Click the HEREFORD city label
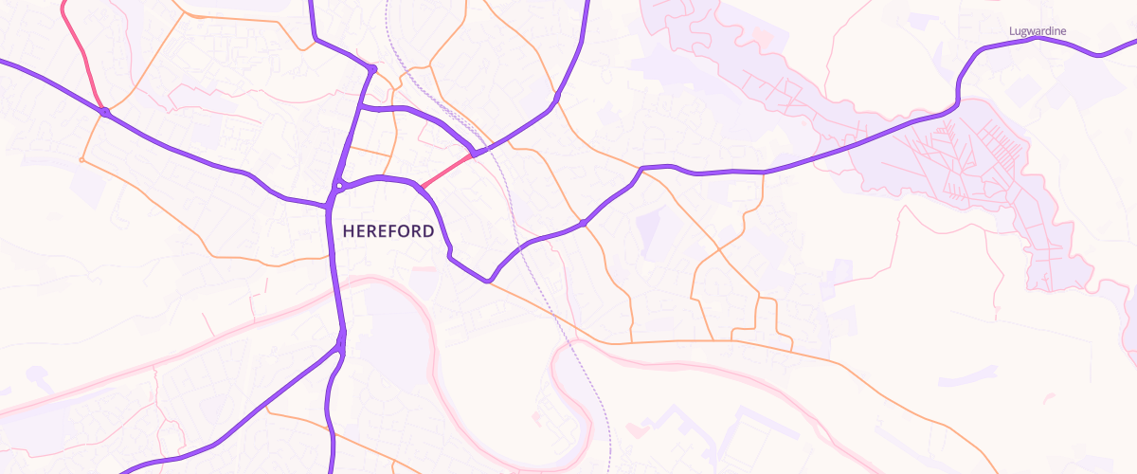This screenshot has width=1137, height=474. coord(388,231)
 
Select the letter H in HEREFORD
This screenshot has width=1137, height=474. coord(348,231)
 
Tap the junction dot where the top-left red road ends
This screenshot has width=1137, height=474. coord(105,113)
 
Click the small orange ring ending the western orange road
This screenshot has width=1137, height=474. coord(81,160)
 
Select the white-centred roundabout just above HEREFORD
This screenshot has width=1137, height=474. coord(338,186)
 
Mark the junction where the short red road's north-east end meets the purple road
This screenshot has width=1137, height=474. coord(474,152)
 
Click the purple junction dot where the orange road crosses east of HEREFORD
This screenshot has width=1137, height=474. coord(584,223)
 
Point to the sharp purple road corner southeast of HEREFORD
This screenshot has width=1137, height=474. coord(488,281)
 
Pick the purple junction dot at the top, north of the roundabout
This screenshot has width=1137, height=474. coord(373,69)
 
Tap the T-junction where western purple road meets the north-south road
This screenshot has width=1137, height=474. coord(329,204)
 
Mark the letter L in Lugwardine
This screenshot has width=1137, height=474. coord(1011,31)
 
